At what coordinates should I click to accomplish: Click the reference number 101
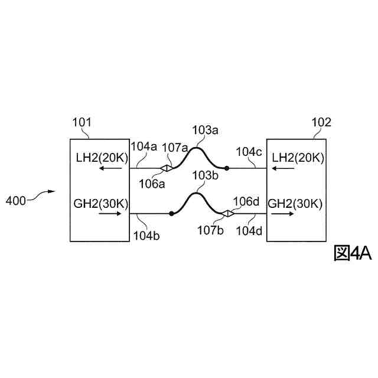[82, 123]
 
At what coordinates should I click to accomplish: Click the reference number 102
[321, 123]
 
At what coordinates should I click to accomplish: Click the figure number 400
[15, 201]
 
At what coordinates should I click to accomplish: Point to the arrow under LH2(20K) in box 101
[109, 168]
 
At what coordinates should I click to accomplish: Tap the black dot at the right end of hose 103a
[226, 168]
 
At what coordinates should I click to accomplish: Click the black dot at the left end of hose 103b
[171, 213]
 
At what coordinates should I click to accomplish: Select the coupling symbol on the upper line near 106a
[167, 168]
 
